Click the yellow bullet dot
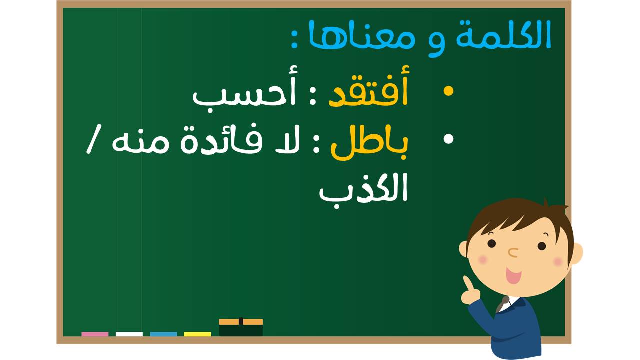pos(448,91)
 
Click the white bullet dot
pos(448,139)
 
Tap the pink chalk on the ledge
pos(95,334)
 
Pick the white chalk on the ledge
pos(129,334)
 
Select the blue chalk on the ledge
pos(163,334)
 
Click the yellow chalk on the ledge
pos(197,334)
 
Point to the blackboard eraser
pos(241,327)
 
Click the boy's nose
pos(513,252)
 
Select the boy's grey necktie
pos(503,304)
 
